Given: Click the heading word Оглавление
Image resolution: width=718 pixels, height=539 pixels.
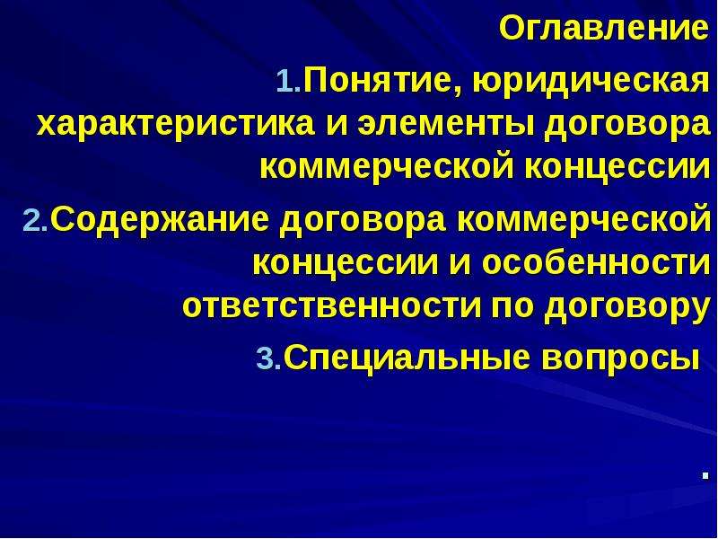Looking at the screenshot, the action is pyautogui.click(x=603, y=29).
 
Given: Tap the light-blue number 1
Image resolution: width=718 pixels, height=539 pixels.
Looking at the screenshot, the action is pyautogui.click(x=287, y=82).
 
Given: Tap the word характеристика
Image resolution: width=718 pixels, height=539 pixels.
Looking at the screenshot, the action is pyautogui.click(x=175, y=126).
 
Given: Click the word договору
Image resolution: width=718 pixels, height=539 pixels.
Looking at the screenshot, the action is pyautogui.click(x=626, y=309).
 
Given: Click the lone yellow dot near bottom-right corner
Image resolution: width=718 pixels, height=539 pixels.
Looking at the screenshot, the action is pyautogui.click(x=705, y=476).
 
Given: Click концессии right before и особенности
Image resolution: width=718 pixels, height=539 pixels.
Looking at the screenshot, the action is pyautogui.click(x=346, y=265).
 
